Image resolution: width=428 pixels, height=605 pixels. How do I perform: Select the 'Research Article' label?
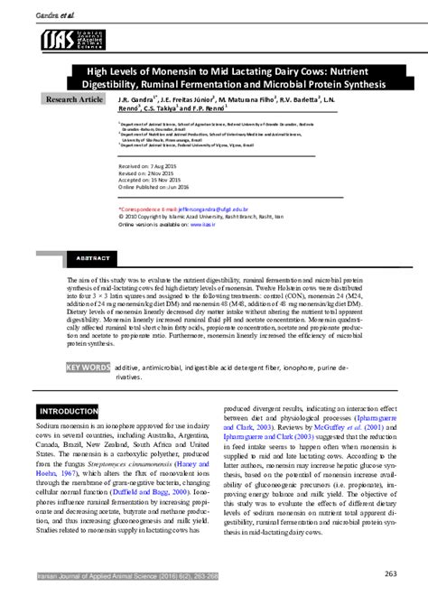(x=75, y=98)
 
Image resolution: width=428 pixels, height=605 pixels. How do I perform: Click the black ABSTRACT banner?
(x=93, y=257)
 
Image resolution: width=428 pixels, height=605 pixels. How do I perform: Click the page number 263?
(x=391, y=573)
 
